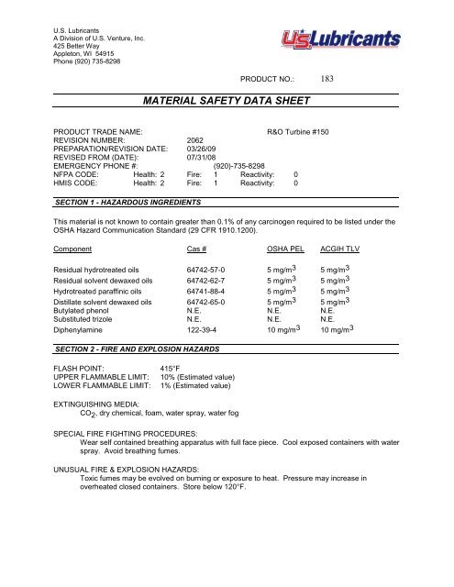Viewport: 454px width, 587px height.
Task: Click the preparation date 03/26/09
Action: (204, 150)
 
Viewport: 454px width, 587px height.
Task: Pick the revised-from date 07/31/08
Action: (204, 160)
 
